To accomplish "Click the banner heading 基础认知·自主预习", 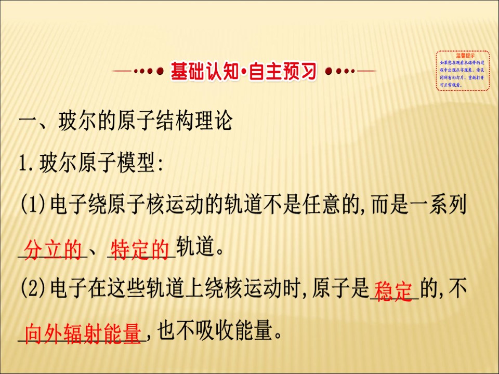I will coord(243,71).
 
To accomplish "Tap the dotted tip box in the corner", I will coord(462,71).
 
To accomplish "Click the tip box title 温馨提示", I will coord(462,55).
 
